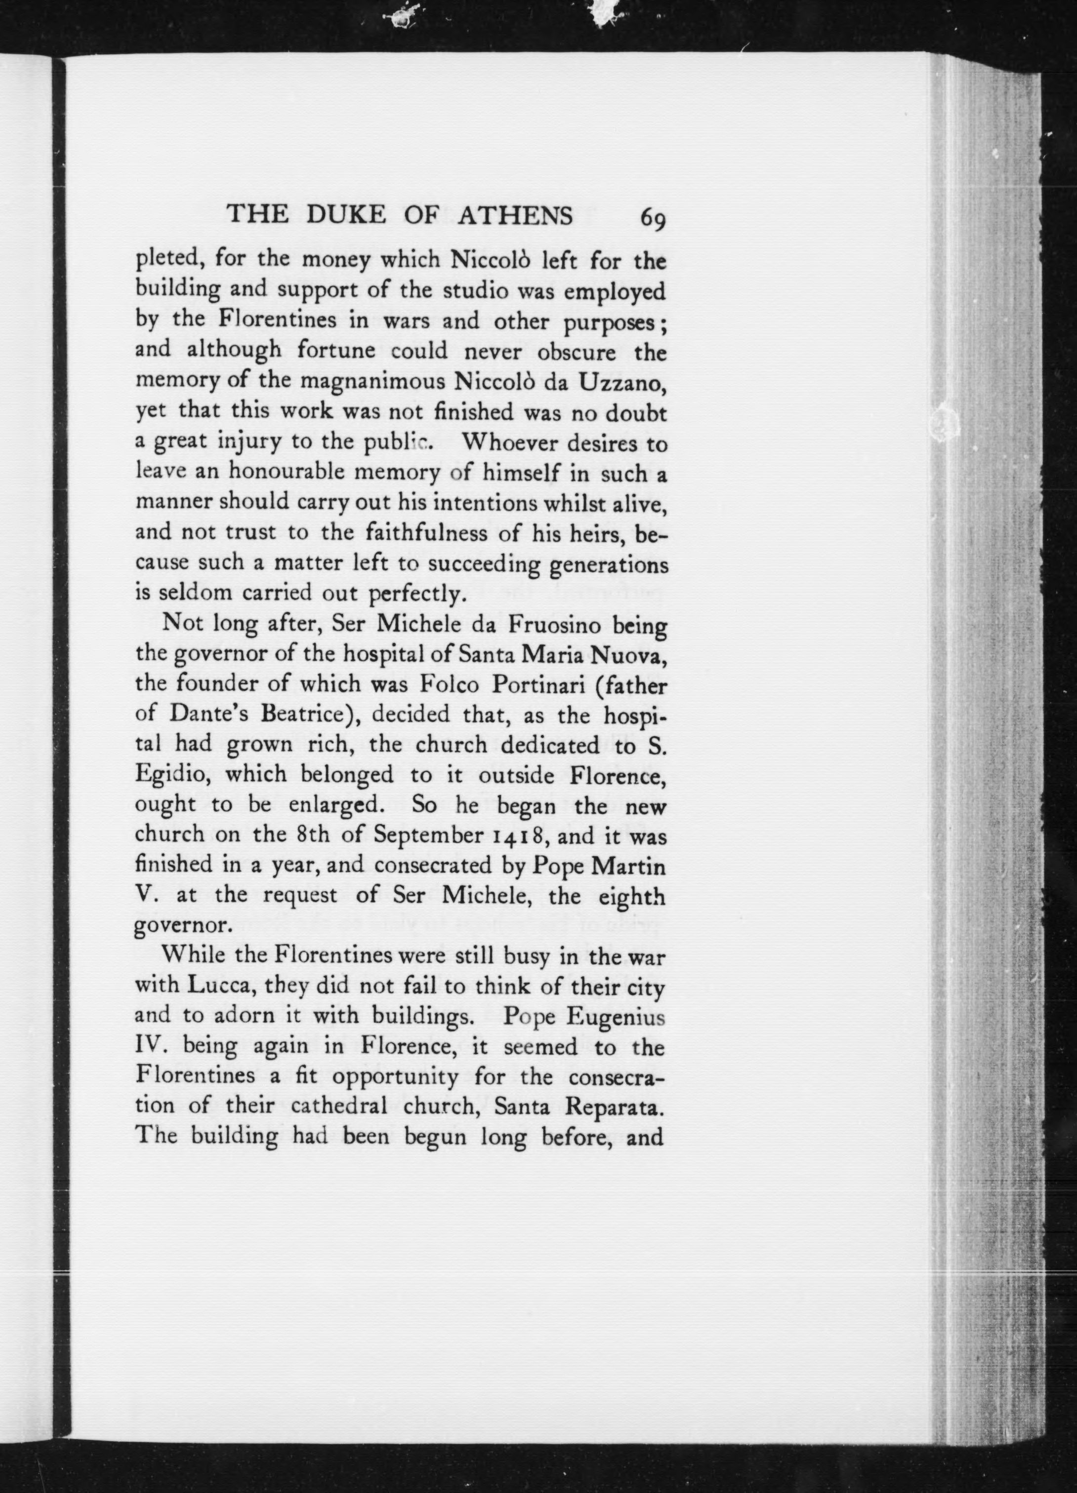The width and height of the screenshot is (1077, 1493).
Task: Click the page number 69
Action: [653, 218]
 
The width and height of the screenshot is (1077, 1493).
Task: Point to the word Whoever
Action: [507, 442]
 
